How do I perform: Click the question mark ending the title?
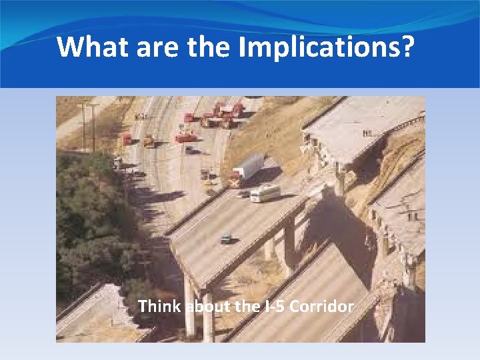tap(406, 47)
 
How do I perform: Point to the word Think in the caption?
tap(160, 307)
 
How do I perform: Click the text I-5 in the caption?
tap(271, 307)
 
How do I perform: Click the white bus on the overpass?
tap(265, 193)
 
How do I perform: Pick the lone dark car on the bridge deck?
tap(227, 239)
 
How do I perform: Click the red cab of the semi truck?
tap(233, 181)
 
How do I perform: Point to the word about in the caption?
tap(205, 307)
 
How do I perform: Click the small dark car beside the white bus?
tap(243, 195)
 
